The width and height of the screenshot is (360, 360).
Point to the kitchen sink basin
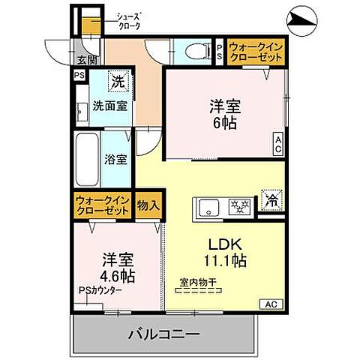point(208,205)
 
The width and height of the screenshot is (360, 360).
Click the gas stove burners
point(239,205)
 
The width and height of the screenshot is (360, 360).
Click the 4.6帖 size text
point(118,276)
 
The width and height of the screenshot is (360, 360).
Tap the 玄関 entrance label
point(86,61)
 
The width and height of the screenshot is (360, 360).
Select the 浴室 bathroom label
point(115,160)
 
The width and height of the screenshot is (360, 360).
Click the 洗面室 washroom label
point(109,106)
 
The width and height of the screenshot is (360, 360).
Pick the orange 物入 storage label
point(148,202)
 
